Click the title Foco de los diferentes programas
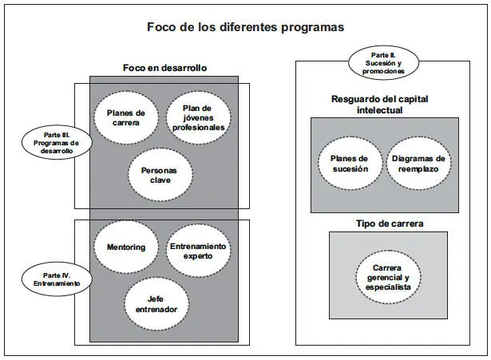click(x=245, y=26)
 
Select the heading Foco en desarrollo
click(x=164, y=68)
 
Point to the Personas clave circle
click(x=160, y=175)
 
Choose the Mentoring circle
click(x=126, y=247)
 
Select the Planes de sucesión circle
click(x=348, y=164)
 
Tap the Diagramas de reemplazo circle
click(x=418, y=164)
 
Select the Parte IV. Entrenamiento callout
click(x=57, y=279)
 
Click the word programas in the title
click(x=313, y=27)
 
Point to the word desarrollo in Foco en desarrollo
click(x=183, y=68)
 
